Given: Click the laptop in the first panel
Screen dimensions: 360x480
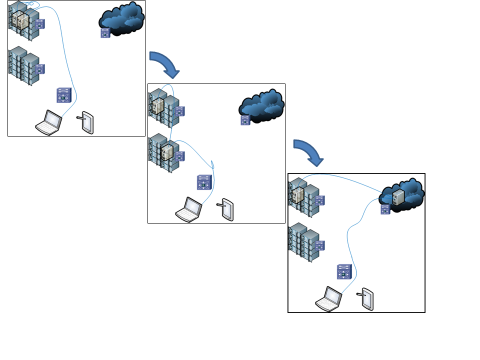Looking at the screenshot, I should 48,123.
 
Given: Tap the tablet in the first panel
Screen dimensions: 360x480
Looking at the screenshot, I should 87,122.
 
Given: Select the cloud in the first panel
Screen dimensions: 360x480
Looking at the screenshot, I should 123,18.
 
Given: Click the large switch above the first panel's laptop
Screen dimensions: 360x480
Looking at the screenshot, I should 64,95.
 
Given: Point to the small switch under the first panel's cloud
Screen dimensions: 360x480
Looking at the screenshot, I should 105,33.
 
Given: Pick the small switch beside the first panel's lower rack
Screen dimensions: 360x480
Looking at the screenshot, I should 39,68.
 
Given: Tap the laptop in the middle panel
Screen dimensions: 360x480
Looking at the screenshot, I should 188,210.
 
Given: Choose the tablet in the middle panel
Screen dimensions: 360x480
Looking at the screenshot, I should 227,209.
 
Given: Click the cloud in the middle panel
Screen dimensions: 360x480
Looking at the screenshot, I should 263,105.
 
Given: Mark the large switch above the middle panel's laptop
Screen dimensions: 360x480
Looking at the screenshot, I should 204,182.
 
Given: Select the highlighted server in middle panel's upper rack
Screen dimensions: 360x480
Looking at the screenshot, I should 158,106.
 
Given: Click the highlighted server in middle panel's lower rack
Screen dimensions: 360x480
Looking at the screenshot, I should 167,150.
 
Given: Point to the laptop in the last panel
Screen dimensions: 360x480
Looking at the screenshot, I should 328,299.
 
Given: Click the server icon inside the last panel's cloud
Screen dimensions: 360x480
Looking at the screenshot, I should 398,197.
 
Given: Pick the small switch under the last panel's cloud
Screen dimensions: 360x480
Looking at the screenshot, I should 385,209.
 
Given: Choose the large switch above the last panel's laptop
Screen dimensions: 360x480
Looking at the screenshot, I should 344,271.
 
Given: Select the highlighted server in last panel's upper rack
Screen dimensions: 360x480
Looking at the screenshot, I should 298,195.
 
